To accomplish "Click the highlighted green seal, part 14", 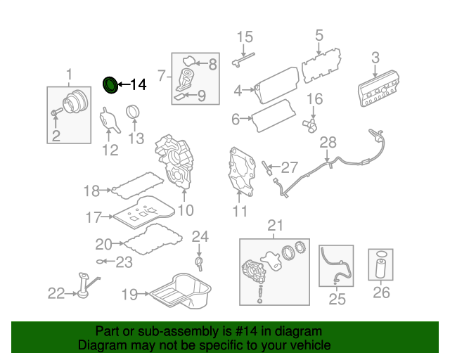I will click(x=110, y=85).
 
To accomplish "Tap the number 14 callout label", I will click(x=137, y=85).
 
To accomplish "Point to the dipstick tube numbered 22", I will click(x=83, y=288).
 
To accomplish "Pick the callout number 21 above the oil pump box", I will click(x=274, y=226).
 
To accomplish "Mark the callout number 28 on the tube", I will click(x=328, y=143).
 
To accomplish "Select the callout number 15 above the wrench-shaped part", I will click(x=244, y=37).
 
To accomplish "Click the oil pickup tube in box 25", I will click(x=335, y=266).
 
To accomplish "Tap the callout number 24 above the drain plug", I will click(x=200, y=237).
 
